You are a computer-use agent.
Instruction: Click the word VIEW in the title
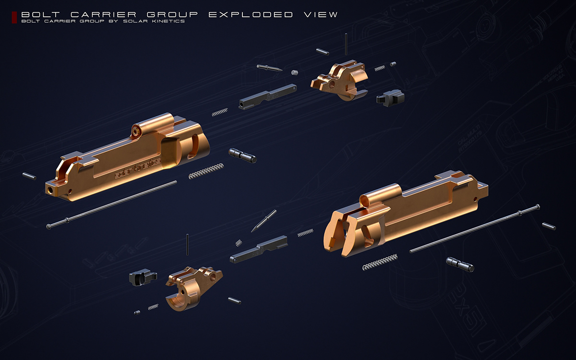(x=320, y=14)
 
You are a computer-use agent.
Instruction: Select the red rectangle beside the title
(x=14, y=18)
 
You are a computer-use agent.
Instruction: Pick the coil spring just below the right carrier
(x=380, y=262)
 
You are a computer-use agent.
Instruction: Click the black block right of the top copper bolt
(x=390, y=98)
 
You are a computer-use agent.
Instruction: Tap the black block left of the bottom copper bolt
(x=142, y=277)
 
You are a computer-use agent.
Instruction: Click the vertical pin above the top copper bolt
(x=346, y=45)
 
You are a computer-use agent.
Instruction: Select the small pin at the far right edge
(x=549, y=226)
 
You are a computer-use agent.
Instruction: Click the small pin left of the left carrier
(x=29, y=176)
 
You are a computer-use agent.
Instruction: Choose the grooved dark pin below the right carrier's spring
(x=459, y=264)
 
